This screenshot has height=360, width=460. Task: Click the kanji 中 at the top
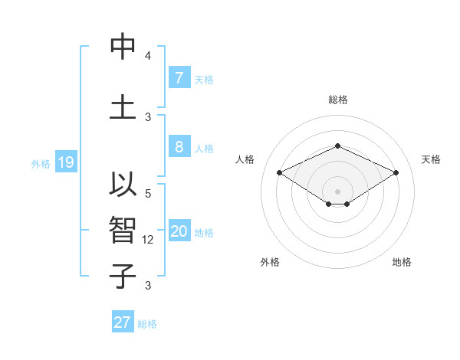[123, 47]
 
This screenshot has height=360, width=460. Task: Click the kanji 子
[123, 275]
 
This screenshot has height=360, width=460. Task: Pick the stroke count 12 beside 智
[149, 240]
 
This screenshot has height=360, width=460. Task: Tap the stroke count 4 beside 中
[148, 56]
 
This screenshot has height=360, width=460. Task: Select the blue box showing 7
[179, 77]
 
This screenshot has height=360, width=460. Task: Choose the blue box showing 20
[179, 231]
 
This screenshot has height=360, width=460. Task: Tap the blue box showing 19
[66, 162]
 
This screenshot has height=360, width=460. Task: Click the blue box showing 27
[123, 322]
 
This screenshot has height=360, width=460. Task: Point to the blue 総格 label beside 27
[148, 324]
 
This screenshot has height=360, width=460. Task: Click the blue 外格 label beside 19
[41, 163]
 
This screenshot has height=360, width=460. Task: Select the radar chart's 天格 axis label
[431, 159]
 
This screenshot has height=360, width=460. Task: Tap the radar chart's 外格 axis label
[270, 262]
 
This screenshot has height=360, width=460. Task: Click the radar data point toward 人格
[280, 173]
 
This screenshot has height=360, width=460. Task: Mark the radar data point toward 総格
[337, 145]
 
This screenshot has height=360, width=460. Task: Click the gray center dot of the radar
[337, 190]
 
